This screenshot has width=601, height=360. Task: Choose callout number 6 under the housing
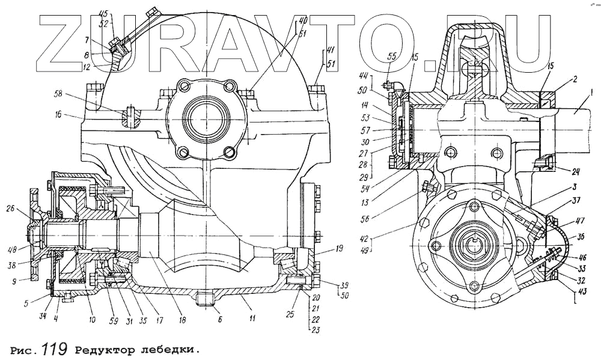220,320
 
